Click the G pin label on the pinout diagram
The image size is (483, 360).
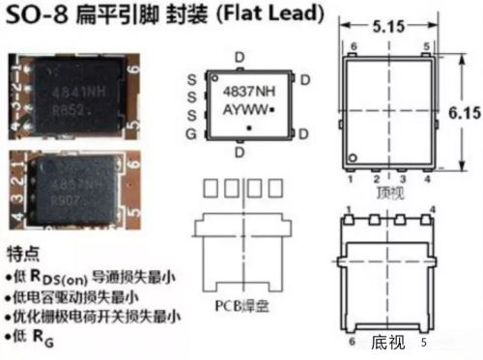(x=192, y=130)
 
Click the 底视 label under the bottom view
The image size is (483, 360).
(x=386, y=341)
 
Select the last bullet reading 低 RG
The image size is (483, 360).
(x=33, y=333)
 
